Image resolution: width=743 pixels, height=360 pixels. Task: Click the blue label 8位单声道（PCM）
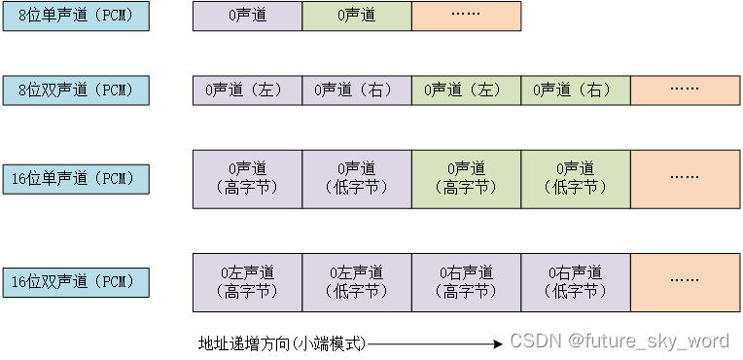coord(76,16)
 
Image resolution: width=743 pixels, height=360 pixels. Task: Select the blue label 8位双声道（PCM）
coord(76,90)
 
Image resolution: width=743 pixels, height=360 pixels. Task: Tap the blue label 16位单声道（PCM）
coord(76,178)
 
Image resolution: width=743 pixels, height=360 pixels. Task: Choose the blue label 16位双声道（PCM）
coord(76,282)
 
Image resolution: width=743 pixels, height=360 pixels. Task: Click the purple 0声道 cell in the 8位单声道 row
coord(247,16)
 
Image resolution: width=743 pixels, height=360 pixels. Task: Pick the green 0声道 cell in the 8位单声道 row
coord(357,16)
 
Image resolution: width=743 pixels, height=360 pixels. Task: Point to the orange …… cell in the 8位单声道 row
coord(466,16)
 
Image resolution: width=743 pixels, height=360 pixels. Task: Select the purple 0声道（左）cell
coord(247,90)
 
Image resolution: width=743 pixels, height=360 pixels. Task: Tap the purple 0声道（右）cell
coord(357,90)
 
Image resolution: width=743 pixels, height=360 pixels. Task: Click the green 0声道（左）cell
coord(466,90)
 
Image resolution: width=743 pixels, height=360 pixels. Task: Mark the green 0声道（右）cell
coord(576,90)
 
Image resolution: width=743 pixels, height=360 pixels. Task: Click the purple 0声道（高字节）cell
coord(247,178)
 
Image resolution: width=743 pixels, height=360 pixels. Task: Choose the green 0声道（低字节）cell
coord(576,178)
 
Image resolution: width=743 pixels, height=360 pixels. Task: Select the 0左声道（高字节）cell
coord(247,282)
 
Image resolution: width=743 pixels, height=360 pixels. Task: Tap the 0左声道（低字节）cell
coord(357,282)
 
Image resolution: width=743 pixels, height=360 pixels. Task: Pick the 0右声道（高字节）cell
coord(466,282)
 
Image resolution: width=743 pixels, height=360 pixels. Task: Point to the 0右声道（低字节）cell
coord(576,282)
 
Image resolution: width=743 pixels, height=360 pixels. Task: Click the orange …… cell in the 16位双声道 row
coord(685,282)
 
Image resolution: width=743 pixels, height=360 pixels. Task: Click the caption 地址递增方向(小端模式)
coord(281,342)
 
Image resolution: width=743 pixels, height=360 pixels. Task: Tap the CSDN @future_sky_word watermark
coord(619,342)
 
